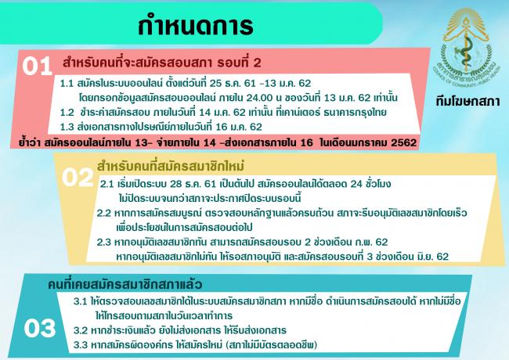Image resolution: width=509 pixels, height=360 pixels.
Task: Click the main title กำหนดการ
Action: pos(196,25)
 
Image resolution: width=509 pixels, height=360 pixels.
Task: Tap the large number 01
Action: pos(38,67)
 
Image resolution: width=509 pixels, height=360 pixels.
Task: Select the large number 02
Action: pos(78,178)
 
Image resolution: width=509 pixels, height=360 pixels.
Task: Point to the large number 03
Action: pos(40,328)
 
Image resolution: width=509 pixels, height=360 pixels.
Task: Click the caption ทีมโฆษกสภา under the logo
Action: pos(467,102)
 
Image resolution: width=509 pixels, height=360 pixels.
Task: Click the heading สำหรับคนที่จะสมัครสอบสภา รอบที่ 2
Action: pos(162,63)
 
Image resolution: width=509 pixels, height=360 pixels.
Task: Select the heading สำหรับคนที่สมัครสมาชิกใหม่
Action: pos(171,167)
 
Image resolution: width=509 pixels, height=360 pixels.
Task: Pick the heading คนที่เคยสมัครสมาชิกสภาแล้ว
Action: pos(125,284)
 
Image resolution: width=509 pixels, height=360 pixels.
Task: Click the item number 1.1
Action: pos(67,84)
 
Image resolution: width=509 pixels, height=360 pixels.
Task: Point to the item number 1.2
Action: pos(67,113)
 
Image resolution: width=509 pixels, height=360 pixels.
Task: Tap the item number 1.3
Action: pos(67,127)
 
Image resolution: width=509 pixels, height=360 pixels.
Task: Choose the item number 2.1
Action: pos(106,184)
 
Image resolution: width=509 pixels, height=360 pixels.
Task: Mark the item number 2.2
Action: pos(104,214)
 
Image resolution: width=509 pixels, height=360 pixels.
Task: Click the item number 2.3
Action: pos(104,243)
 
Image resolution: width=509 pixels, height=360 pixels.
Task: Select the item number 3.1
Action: pos(80,301)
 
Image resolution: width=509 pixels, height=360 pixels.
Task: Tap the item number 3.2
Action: pos(81,330)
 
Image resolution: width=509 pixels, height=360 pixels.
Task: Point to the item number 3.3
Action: pos(81,345)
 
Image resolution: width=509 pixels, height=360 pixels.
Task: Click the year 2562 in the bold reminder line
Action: pos(403,142)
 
